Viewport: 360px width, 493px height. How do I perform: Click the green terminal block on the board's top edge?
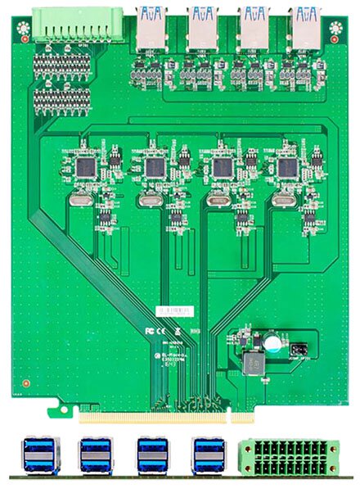point(78,25)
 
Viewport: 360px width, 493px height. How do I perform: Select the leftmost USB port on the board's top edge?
point(151,25)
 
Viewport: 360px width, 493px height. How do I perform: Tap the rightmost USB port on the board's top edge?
point(304,25)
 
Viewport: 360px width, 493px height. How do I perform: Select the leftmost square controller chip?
point(85,167)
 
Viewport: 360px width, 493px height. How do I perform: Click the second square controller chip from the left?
point(154,167)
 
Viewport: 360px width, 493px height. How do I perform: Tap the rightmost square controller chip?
point(287,167)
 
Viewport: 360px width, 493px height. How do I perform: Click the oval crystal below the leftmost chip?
point(82,199)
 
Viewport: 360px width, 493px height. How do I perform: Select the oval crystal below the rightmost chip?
point(283,199)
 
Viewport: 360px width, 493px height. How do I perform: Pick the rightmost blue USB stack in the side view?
point(208,455)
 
